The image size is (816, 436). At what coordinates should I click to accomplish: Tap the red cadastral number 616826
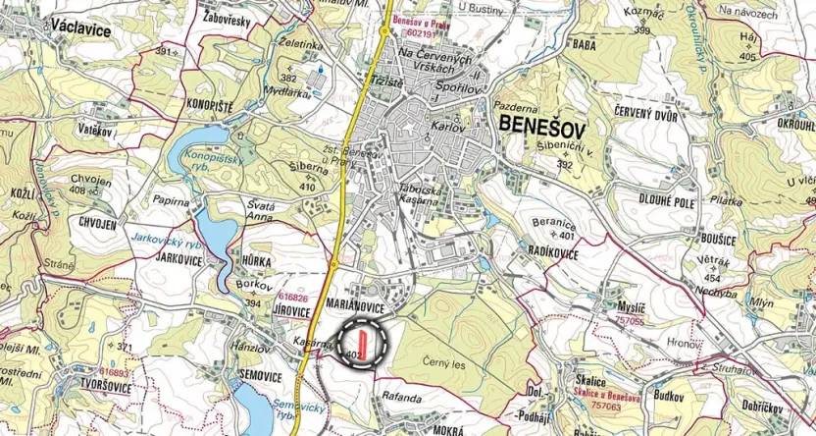pyautogui.click(x=292, y=296)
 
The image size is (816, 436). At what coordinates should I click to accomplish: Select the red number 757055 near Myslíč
pyautogui.click(x=628, y=320)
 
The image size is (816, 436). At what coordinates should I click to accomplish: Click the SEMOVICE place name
pyautogui.click(x=260, y=376)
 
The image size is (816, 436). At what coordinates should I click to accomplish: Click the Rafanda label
pyautogui.click(x=402, y=398)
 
